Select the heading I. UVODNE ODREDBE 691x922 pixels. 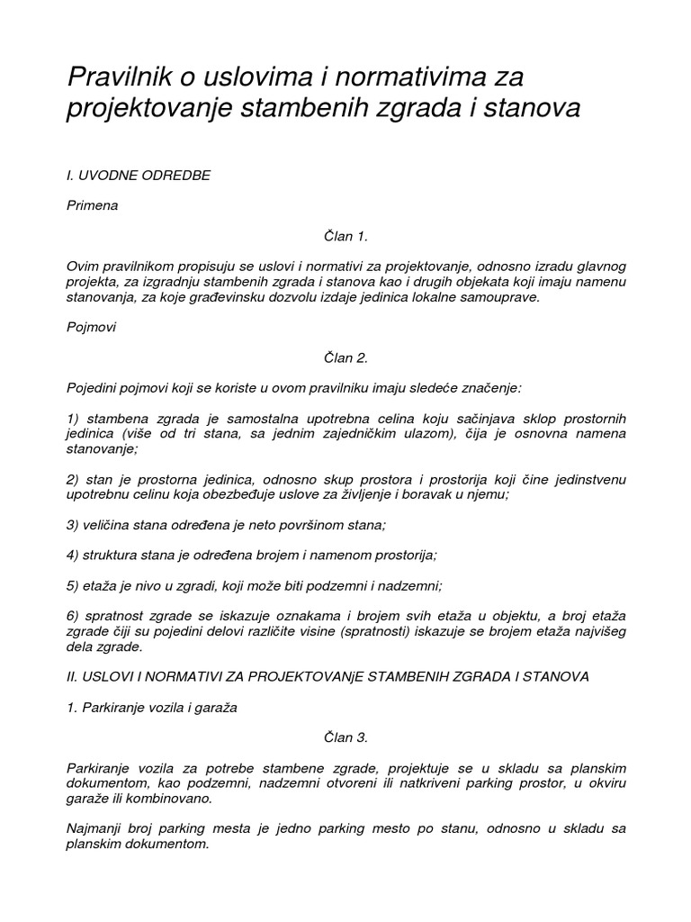(x=139, y=175)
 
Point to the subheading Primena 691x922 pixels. (x=93, y=205)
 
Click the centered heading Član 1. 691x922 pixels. (x=345, y=236)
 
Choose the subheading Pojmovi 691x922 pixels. (x=92, y=328)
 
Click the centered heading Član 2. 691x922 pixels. (x=345, y=357)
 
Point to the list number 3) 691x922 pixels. (x=73, y=525)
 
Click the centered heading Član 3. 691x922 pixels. (x=345, y=737)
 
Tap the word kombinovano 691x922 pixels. (x=165, y=800)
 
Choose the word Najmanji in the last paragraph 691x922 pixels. (x=94, y=828)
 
